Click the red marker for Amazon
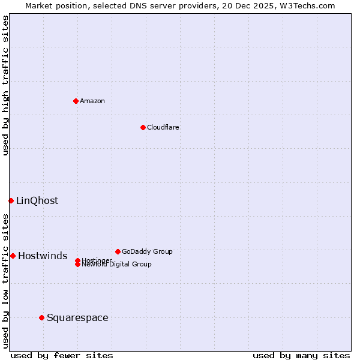coord(76,101)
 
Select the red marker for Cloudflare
coord(143,127)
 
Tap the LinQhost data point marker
coord(11,200)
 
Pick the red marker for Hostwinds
coord(13,256)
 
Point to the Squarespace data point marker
coord(41,317)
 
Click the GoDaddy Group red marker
coord(118,251)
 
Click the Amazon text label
coord(92,101)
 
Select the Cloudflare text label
coord(163,127)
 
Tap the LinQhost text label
coord(37,201)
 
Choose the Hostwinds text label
coord(43,256)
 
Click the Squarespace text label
coord(77,318)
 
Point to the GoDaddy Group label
coord(147,251)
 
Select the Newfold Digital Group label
coord(117,265)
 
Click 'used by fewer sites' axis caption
coord(62,355)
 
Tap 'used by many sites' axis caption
coord(301,355)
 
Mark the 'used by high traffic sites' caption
coord(6,85)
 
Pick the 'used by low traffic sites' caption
coord(6,281)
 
